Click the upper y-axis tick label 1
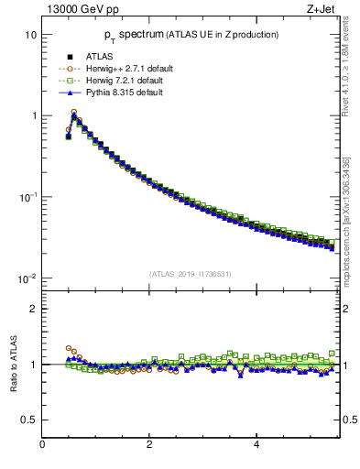pyautogui.click(x=33, y=116)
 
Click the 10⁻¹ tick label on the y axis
pyautogui.click(x=27, y=197)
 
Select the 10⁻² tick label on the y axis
pyautogui.click(x=27, y=278)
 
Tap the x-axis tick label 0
pyautogui.click(x=42, y=444)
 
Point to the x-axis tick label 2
pyautogui.click(x=149, y=444)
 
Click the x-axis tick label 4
pyautogui.click(x=256, y=444)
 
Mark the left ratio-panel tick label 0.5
pyautogui.click(x=29, y=420)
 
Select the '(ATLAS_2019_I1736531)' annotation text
pyautogui.click(x=189, y=274)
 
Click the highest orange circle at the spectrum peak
pyautogui.click(x=74, y=112)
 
